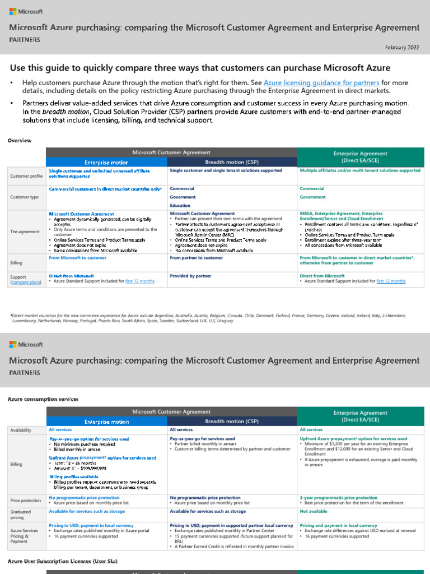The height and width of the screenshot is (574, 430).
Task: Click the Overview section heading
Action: click(x=20, y=140)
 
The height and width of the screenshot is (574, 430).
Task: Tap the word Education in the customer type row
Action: click(x=181, y=206)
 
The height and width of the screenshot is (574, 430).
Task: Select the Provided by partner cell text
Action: click(x=190, y=276)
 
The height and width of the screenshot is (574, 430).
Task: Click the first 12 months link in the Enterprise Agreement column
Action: click(x=391, y=281)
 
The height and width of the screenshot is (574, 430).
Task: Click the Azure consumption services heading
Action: click(x=43, y=398)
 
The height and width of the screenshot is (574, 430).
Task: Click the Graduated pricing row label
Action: click(x=21, y=515)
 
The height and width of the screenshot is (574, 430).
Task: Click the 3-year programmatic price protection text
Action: click(x=338, y=497)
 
